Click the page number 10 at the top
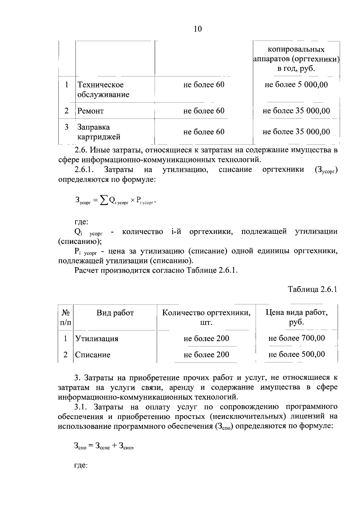[198, 29]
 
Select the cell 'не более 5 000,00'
[296, 85]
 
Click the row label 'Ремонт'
[91, 111]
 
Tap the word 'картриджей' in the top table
[99, 137]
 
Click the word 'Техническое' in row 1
[100, 85]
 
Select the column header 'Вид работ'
[115, 313]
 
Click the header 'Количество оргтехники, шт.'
[206, 318]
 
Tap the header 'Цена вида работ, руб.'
[296, 318]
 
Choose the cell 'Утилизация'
[97, 339]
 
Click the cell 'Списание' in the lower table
[93, 355]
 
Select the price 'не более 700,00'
[296, 338]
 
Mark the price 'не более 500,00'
[296, 355]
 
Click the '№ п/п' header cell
[66, 318]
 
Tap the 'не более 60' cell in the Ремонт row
[204, 111]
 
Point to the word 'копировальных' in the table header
[296, 49]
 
